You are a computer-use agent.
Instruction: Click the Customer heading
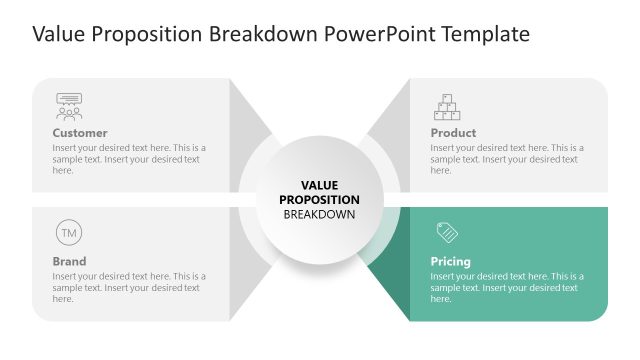coord(80,133)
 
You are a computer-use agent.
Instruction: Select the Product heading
coord(453,133)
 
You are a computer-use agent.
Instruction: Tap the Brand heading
coord(69,262)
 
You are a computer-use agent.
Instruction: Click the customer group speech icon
coord(69,106)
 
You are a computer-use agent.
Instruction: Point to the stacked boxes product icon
coord(447,106)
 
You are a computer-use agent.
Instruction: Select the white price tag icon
coord(447,233)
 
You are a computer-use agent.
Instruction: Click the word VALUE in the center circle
coord(319,185)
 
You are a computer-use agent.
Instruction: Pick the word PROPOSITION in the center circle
coord(319,199)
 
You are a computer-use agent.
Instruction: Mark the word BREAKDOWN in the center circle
coord(319,214)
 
